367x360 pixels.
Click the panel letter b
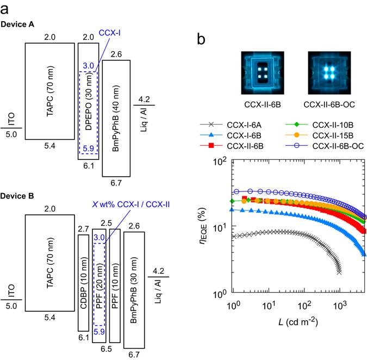[x=200, y=40]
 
